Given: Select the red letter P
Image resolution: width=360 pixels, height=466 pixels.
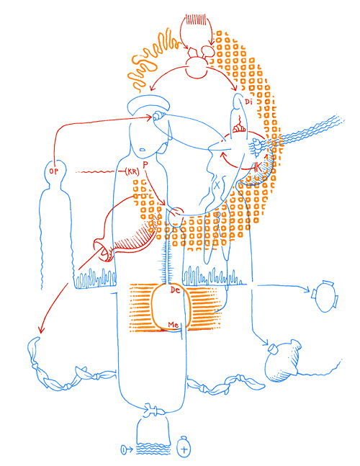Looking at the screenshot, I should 145,165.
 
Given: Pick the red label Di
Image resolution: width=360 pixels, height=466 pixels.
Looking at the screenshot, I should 248,102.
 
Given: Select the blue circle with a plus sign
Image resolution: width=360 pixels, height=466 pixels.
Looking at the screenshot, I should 185,448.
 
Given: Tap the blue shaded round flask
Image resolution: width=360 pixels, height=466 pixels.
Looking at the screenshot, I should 281,362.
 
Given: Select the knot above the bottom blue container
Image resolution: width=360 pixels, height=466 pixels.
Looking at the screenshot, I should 151,411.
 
